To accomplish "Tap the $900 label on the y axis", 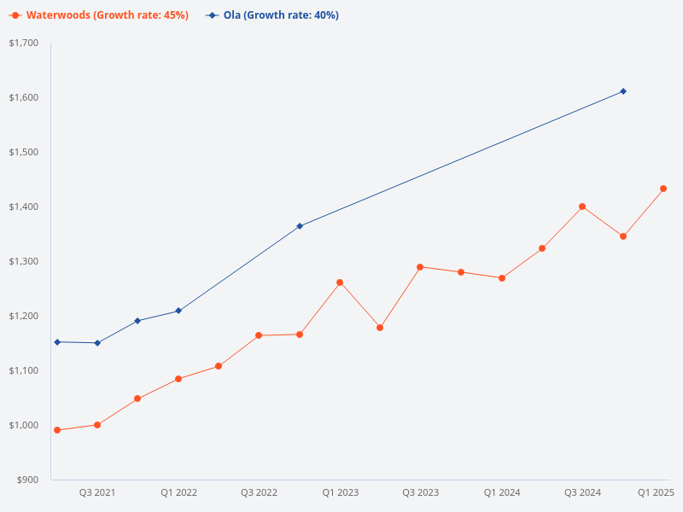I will [27, 480].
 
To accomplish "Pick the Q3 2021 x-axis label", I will [97, 492].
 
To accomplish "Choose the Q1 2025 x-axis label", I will [656, 492].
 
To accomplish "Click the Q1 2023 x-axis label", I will [340, 492].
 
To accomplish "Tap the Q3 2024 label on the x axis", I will [582, 492].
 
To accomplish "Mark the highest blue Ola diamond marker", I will [623, 91].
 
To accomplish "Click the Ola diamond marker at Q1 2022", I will [178, 311].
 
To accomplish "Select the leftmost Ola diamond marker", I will [57, 342].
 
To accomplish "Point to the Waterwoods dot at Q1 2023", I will [340, 282].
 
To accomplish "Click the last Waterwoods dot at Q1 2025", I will [663, 189].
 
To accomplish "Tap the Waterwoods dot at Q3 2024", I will [582, 207].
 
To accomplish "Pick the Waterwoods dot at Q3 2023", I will [420, 267].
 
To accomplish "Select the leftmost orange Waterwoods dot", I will [57, 430].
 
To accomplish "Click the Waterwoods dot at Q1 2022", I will [178, 379].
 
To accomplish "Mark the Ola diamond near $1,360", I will [300, 226].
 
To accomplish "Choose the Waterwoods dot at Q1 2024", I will [502, 278].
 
